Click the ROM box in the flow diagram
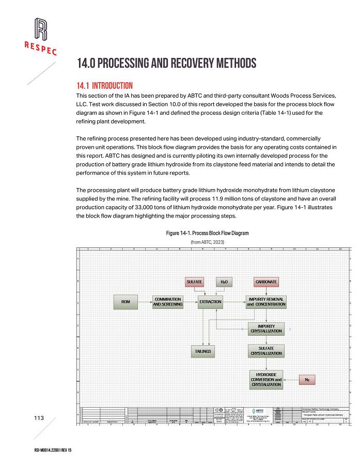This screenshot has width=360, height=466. (x=126, y=302)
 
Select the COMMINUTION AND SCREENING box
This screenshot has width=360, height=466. (x=168, y=302)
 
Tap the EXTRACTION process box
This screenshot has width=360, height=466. (x=210, y=302)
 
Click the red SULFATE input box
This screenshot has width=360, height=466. (x=194, y=282)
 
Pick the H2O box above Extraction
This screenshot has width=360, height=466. (x=224, y=282)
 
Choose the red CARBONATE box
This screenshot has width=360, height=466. (x=267, y=282)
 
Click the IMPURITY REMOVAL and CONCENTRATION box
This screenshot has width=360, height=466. (x=266, y=302)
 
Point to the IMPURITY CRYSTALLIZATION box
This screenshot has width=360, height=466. (x=266, y=329)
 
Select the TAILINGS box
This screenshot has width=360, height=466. (x=203, y=351)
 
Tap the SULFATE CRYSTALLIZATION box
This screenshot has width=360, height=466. (x=266, y=351)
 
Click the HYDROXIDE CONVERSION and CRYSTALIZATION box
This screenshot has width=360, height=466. (x=266, y=379)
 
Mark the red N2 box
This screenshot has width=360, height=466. (x=307, y=380)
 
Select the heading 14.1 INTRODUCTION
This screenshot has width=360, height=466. (x=105, y=85)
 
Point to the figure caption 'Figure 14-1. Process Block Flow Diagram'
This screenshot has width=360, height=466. (x=207, y=234)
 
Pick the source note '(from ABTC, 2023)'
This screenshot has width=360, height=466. (x=208, y=241)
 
